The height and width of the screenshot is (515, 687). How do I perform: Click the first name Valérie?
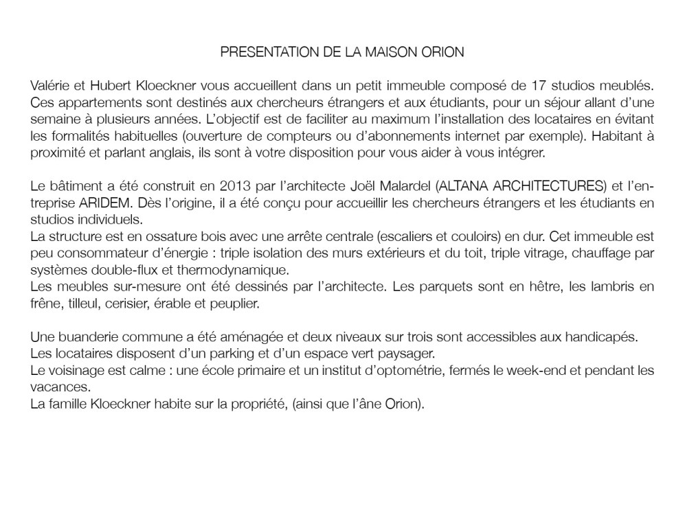pyautogui.click(x=50, y=87)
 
